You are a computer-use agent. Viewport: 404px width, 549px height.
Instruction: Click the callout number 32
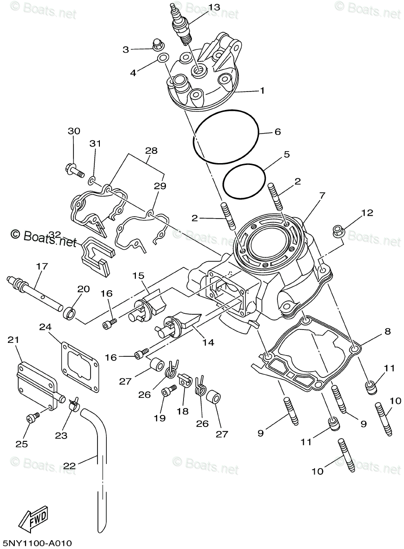click(55, 235)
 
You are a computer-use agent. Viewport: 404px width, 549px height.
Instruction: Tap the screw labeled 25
click(32, 418)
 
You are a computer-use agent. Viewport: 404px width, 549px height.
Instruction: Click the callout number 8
click(387, 331)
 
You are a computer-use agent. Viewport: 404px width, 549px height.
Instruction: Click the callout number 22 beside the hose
click(69, 466)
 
